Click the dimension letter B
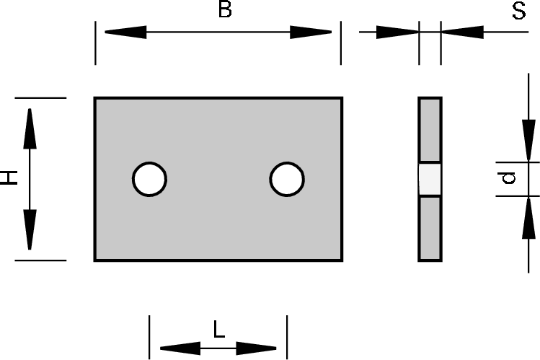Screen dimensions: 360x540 [225, 12]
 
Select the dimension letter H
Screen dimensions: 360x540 [9, 177]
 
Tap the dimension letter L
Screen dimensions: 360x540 [219, 330]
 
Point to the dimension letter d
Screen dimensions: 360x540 [509, 177]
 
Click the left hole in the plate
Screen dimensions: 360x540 [149, 179]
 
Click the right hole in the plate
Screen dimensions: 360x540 [287, 179]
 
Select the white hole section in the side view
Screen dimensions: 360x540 [430, 179]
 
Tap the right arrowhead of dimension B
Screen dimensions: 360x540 [311, 32]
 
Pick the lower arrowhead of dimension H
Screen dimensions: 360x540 [30, 229]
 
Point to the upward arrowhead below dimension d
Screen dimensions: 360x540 [530, 216]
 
